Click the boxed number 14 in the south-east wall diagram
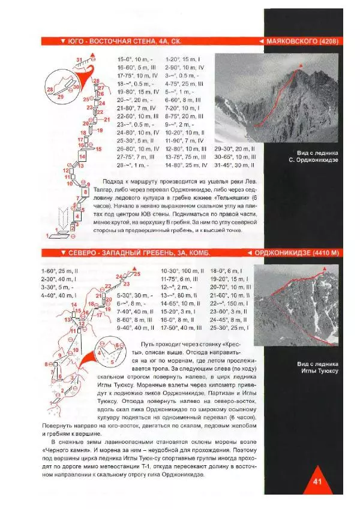(x=82, y=156)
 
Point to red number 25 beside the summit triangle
(x=137, y=273)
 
